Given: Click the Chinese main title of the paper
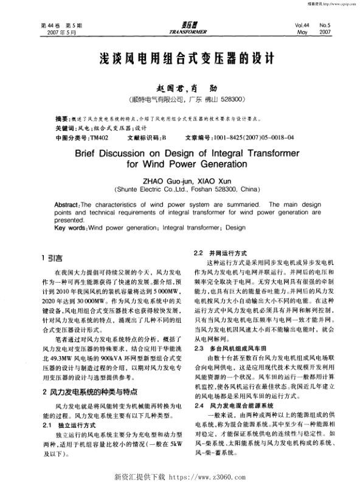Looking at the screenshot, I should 179,59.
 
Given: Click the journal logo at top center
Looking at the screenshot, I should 180,28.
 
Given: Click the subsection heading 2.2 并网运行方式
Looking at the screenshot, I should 220,252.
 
